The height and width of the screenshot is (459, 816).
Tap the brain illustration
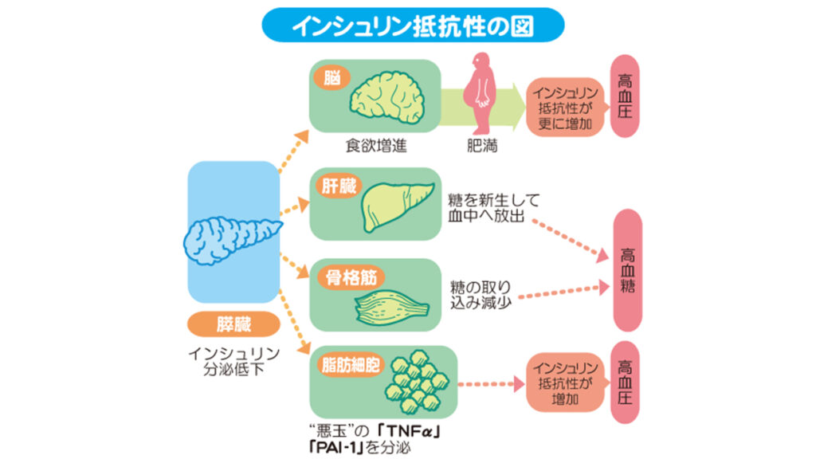click(x=390, y=96)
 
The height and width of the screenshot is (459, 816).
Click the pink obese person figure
click(x=481, y=93)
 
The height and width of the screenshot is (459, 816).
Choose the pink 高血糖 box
click(x=627, y=269)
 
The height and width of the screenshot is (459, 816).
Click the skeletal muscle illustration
click(x=396, y=306)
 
